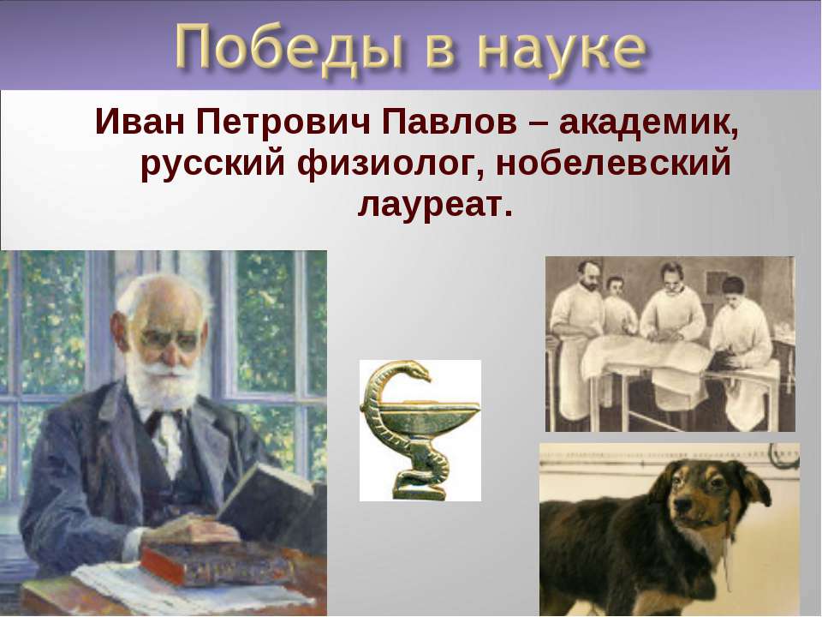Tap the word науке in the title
(560, 51)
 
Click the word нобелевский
(613, 162)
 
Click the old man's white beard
(164, 387)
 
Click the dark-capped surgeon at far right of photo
(740, 341)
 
